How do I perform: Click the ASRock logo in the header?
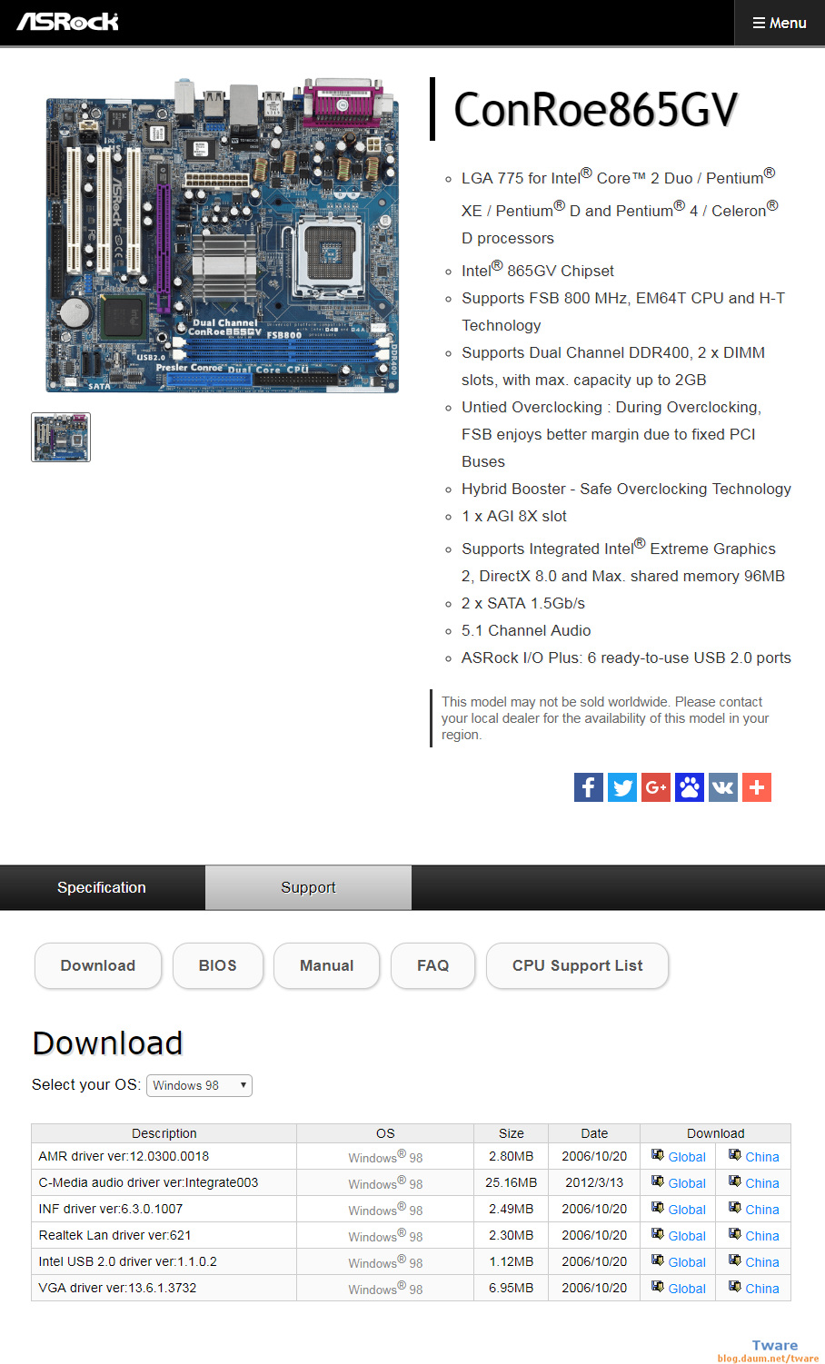[68, 22]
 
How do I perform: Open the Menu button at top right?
[780, 23]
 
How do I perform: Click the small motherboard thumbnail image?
[61, 437]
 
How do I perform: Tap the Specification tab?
[102, 887]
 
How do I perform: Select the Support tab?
[308, 887]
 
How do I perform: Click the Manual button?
[326, 965]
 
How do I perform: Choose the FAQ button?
[432, 965]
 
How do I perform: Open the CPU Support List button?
[577, 965]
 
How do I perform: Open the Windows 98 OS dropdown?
[199, 1085]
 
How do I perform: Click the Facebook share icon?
[589, 787]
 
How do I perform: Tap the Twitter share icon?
[622, 787]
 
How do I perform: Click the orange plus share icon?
[757, 787]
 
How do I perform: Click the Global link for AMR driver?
[686, 1157]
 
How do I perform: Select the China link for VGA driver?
[761, 1289]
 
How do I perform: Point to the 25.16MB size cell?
[511, 1182]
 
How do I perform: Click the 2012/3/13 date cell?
[594, 1182]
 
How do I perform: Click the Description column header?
[164, 1133]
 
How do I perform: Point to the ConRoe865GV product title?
[595, 110]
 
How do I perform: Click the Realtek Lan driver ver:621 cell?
[115, 1235]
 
